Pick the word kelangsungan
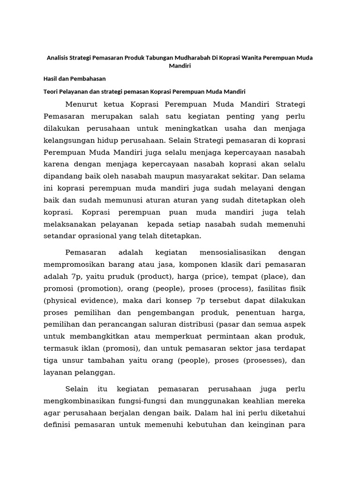tap(69, 140)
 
